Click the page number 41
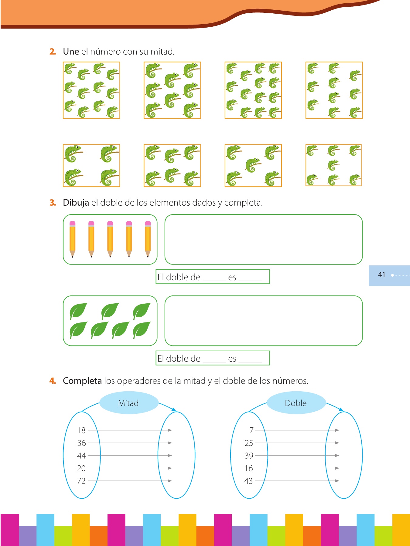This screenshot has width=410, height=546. [381, 275]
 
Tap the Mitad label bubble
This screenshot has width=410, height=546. [128, 403]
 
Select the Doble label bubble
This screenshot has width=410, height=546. [296, 403]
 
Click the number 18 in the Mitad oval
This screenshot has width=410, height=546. [81, 430]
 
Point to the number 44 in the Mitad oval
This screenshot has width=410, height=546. [81, 456]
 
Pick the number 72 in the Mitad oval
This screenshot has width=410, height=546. [81, 481]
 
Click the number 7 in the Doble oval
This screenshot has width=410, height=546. [251, 430]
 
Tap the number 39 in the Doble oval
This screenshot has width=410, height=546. [249, 456]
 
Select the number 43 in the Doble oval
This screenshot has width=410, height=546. [248, 481]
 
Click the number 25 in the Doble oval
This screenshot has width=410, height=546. [249, 443]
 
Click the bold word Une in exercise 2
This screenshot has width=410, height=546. [71, 52]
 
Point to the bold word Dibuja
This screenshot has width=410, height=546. [76, 203]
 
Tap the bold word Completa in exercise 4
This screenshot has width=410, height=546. [82, 381]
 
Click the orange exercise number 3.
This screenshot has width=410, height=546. [53, 203]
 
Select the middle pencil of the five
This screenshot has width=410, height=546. [110, 239]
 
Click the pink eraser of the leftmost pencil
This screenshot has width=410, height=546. [72, 223]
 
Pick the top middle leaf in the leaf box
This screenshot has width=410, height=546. [110, 311]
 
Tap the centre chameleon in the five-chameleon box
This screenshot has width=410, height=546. [253, 165]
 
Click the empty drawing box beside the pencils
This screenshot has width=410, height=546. [263, 239]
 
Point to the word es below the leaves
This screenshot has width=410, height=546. [232, 359]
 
